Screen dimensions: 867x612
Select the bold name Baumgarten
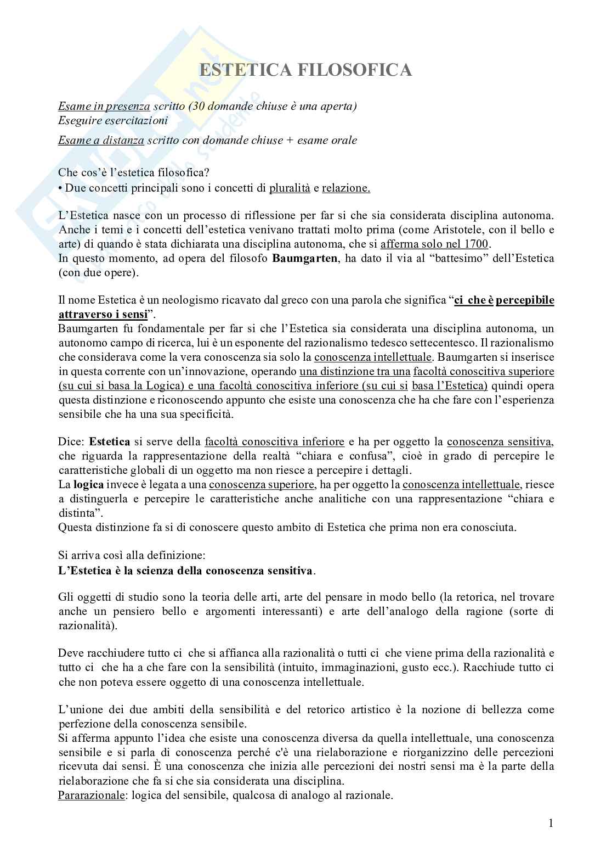[305, 258]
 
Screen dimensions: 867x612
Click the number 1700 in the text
[476, 244]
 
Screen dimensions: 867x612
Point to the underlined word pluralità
[289, 188]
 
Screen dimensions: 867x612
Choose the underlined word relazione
[345, 188]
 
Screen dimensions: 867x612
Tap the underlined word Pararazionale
[91, 795]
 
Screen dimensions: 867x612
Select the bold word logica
[88, 485]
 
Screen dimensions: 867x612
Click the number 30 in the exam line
[198, 106]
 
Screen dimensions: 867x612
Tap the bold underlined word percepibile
[525, 300]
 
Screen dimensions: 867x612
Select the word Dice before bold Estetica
[71, 442]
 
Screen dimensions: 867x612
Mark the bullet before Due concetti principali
[61, 188]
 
